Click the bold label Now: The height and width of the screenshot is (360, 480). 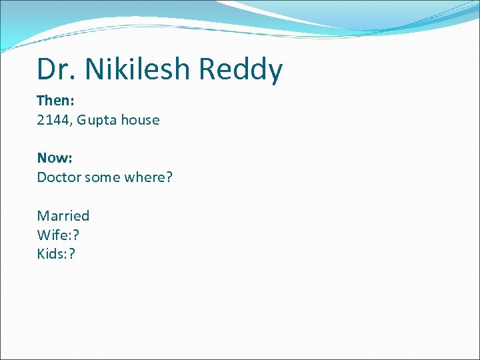[x=54, y=158]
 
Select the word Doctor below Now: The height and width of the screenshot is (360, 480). [x=58, y=177]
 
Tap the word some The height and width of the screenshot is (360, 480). [x=102, y=177]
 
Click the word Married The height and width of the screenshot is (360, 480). [x=63, y=216]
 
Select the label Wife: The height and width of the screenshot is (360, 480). [x=52, y=235]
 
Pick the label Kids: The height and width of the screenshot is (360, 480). [x=52, y=253]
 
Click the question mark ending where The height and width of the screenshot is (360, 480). [x=169, y=177]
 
